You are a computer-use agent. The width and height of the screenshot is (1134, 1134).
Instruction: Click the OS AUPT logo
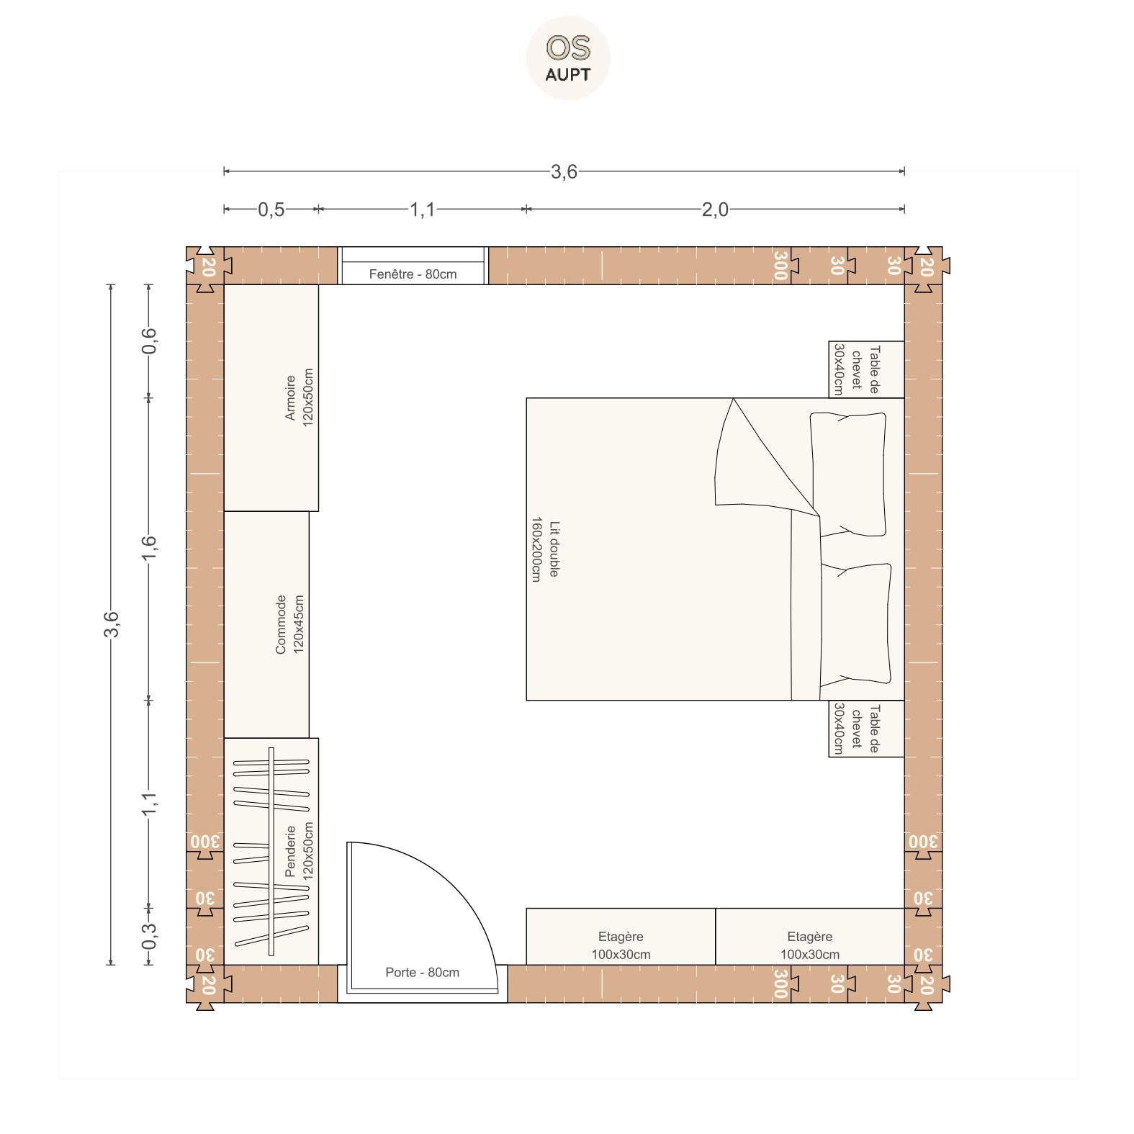(x=568, y=58)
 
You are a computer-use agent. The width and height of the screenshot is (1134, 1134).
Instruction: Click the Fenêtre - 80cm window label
(x=413, y=274)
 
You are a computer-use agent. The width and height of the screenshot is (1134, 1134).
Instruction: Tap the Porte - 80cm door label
(x=422, y=973)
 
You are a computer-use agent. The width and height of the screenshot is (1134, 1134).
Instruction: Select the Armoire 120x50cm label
(x=299, y=397)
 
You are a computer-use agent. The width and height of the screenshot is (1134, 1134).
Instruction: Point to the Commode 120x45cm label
(x=289, y=624)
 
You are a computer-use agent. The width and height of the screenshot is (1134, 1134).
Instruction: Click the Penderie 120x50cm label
(x=299, y=851)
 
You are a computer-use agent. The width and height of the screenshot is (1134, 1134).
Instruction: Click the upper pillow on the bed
(x=848, y=474)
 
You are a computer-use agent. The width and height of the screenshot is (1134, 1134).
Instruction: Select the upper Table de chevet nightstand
(x=866, y=369)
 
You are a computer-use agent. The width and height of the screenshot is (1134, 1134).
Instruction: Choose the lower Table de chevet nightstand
(x=866, y=729)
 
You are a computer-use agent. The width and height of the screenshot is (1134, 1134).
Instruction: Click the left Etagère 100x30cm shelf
(x=621, y=937)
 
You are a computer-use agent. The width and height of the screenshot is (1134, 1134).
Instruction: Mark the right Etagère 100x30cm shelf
(x=810, y=937)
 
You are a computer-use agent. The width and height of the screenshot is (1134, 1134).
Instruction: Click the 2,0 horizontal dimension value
(x=715, y=210)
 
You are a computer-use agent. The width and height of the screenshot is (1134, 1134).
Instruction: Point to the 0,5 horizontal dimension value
(x=271, y=210)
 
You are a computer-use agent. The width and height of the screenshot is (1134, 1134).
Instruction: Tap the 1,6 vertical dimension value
(x=149, y=549)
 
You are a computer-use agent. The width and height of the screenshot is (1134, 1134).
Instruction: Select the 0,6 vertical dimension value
(x=149, y=341)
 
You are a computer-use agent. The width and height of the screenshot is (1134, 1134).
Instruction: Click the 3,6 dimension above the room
(x=564, y=171)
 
